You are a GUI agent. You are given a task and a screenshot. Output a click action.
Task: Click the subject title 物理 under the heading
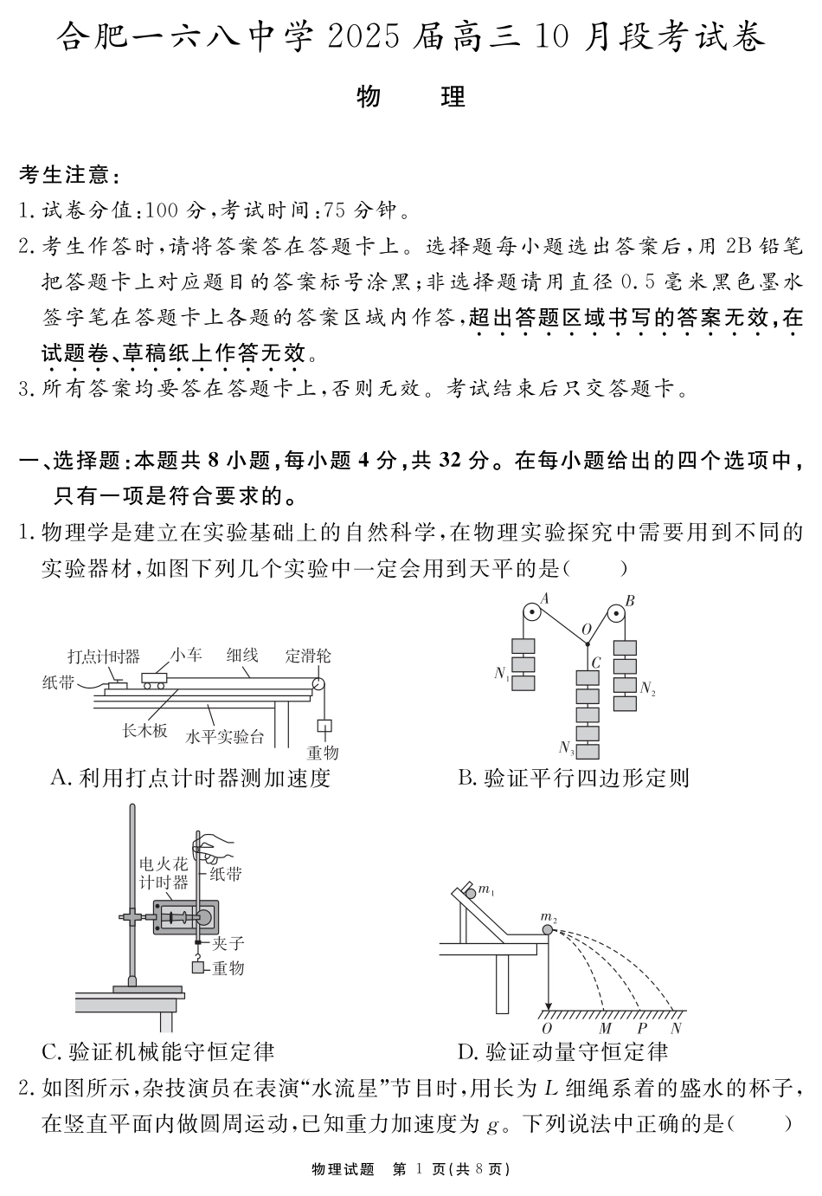tap(411, 97)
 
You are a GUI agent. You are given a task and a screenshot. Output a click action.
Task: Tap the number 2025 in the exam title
tap(364, 38)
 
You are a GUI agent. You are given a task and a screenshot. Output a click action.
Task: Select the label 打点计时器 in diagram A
tap(104, 656)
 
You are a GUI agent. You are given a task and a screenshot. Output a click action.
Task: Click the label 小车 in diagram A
tap(186, 655)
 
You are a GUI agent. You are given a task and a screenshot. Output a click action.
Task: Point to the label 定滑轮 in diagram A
tap(308, 656)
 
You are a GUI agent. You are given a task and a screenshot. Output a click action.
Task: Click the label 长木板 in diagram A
tap(144, 730)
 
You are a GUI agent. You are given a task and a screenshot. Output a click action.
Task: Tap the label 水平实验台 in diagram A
tap(225, 737)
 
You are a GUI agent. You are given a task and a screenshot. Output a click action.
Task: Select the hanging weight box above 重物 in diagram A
tap(326, 725)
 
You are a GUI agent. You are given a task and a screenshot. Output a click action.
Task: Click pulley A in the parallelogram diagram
tap(530, 614)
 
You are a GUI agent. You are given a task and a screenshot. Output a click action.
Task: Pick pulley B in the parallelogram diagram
tap(616, 615)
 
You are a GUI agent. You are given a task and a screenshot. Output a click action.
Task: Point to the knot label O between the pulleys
tap(586, 629)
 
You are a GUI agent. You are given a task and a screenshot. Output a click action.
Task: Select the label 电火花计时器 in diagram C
tap(164, 873)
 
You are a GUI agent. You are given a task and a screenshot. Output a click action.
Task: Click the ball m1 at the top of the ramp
tap(470, 892)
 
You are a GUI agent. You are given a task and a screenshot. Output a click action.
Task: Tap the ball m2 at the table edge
tap(548, 929)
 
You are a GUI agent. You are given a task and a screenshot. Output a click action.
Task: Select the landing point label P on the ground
tap(642, 1028)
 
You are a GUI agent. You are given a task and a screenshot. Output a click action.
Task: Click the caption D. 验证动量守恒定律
tap(562, 1052)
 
